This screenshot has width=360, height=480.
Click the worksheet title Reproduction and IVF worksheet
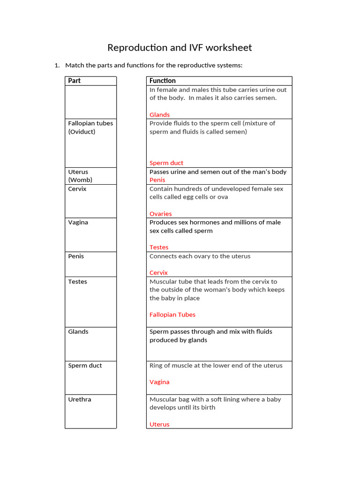point(180,48)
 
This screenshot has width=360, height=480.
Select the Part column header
point(74,81)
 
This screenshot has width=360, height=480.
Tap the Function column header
point(162,81)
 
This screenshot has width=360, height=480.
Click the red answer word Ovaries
point(160,214)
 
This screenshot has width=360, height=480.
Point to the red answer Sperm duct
point(166,163)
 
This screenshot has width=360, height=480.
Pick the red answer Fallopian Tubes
point(172,315)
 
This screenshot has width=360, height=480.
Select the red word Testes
point(158,247)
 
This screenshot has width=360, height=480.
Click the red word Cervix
point(158,272)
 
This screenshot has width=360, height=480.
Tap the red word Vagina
point(159,382)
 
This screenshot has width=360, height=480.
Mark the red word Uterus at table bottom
point(159,424)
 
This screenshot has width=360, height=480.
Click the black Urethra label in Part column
point(80,399)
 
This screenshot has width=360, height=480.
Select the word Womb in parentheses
point(80,180)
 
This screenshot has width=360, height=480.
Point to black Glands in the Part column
point(78,331)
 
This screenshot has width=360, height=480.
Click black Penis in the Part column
point(76,256)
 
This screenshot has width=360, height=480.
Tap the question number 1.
point(57,65)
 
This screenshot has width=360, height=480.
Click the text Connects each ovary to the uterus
point(200,256)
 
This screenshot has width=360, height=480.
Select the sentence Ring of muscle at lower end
point(216,366)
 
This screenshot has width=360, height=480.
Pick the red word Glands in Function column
point(159,115)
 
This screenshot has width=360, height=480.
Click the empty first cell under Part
point(90,102)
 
